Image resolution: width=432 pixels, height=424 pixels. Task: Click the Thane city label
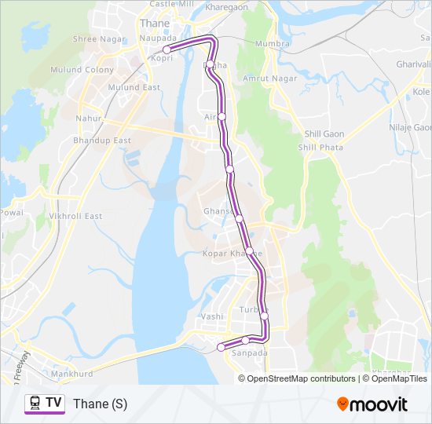click(153, 23)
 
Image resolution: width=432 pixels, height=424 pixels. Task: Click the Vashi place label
click(213, 316)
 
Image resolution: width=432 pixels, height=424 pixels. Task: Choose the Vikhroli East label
click(76, 216)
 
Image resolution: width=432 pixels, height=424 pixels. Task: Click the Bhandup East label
click(101, 140)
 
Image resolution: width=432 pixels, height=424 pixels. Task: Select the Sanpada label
click(250, 353)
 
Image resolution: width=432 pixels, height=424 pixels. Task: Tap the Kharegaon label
click(226, 6)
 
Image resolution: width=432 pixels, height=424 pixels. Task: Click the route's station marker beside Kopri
click(167, 49)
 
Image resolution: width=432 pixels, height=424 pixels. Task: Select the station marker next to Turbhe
click(264, 316)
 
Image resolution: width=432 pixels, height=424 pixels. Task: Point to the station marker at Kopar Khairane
click(250, 251)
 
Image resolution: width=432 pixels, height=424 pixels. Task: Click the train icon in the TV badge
click(35, 404)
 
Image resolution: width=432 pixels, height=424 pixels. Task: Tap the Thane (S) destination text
click(100, 404)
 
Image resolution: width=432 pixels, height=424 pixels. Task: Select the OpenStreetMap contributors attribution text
click(301, 378)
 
